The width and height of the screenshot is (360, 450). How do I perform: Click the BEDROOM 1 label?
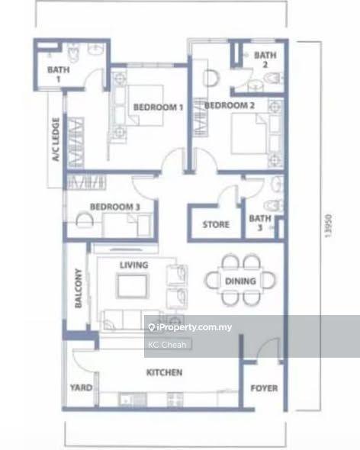158,108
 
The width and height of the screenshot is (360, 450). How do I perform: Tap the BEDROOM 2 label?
230,105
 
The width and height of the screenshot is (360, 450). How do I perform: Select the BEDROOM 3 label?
115,207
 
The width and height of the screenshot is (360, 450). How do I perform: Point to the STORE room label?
216,224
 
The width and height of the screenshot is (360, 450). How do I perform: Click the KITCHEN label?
165,372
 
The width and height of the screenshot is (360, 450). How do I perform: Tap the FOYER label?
264,388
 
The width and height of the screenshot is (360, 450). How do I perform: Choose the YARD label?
82,387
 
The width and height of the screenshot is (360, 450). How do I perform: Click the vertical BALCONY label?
78,288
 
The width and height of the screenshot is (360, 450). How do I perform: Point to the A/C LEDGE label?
56,140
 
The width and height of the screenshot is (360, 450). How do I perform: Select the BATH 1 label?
59,74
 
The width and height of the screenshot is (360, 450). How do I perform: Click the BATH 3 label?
260,223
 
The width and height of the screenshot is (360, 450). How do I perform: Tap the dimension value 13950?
328,226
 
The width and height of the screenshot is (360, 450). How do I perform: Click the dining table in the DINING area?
240,281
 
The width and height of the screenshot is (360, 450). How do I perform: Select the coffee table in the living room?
133,286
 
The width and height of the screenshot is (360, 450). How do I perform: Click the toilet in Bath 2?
273,78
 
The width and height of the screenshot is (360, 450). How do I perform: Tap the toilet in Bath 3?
274,205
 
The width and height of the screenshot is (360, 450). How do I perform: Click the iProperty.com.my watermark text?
190,327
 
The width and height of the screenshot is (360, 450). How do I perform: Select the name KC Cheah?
167,345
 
